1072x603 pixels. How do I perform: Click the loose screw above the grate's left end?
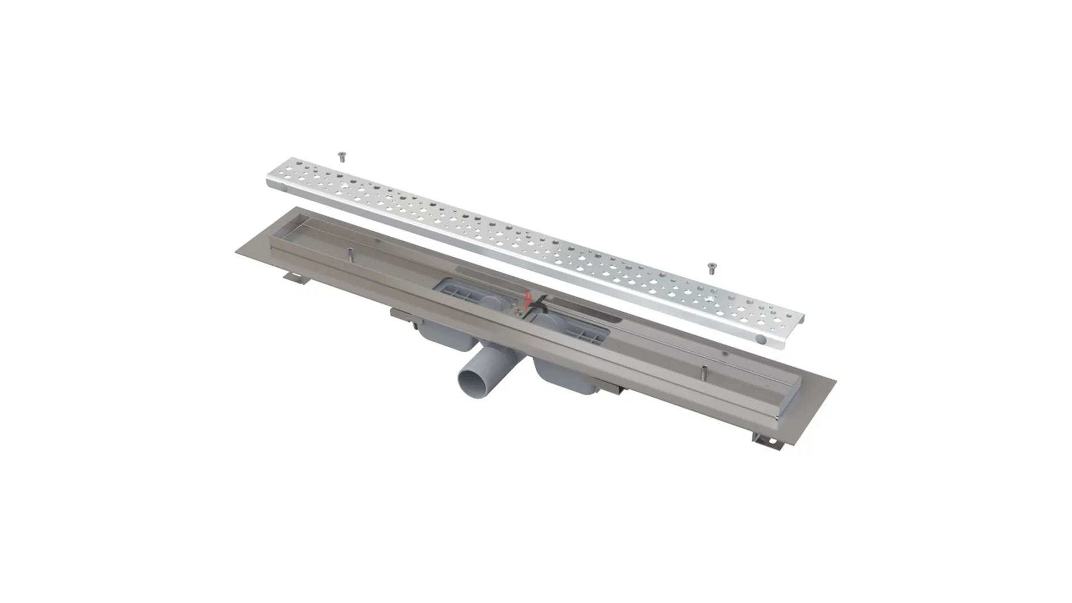pyautogui.click(x=342, y=157)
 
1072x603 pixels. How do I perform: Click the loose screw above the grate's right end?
pyautogui.click(x=711, y=268)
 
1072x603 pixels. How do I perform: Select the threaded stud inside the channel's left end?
pyautogui.click(x=350, y=253)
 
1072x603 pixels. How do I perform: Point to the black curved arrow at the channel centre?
pyautogui.click(x=539, y=304)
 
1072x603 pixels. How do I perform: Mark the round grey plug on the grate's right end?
pyautogui.click(x=761, y=339)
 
